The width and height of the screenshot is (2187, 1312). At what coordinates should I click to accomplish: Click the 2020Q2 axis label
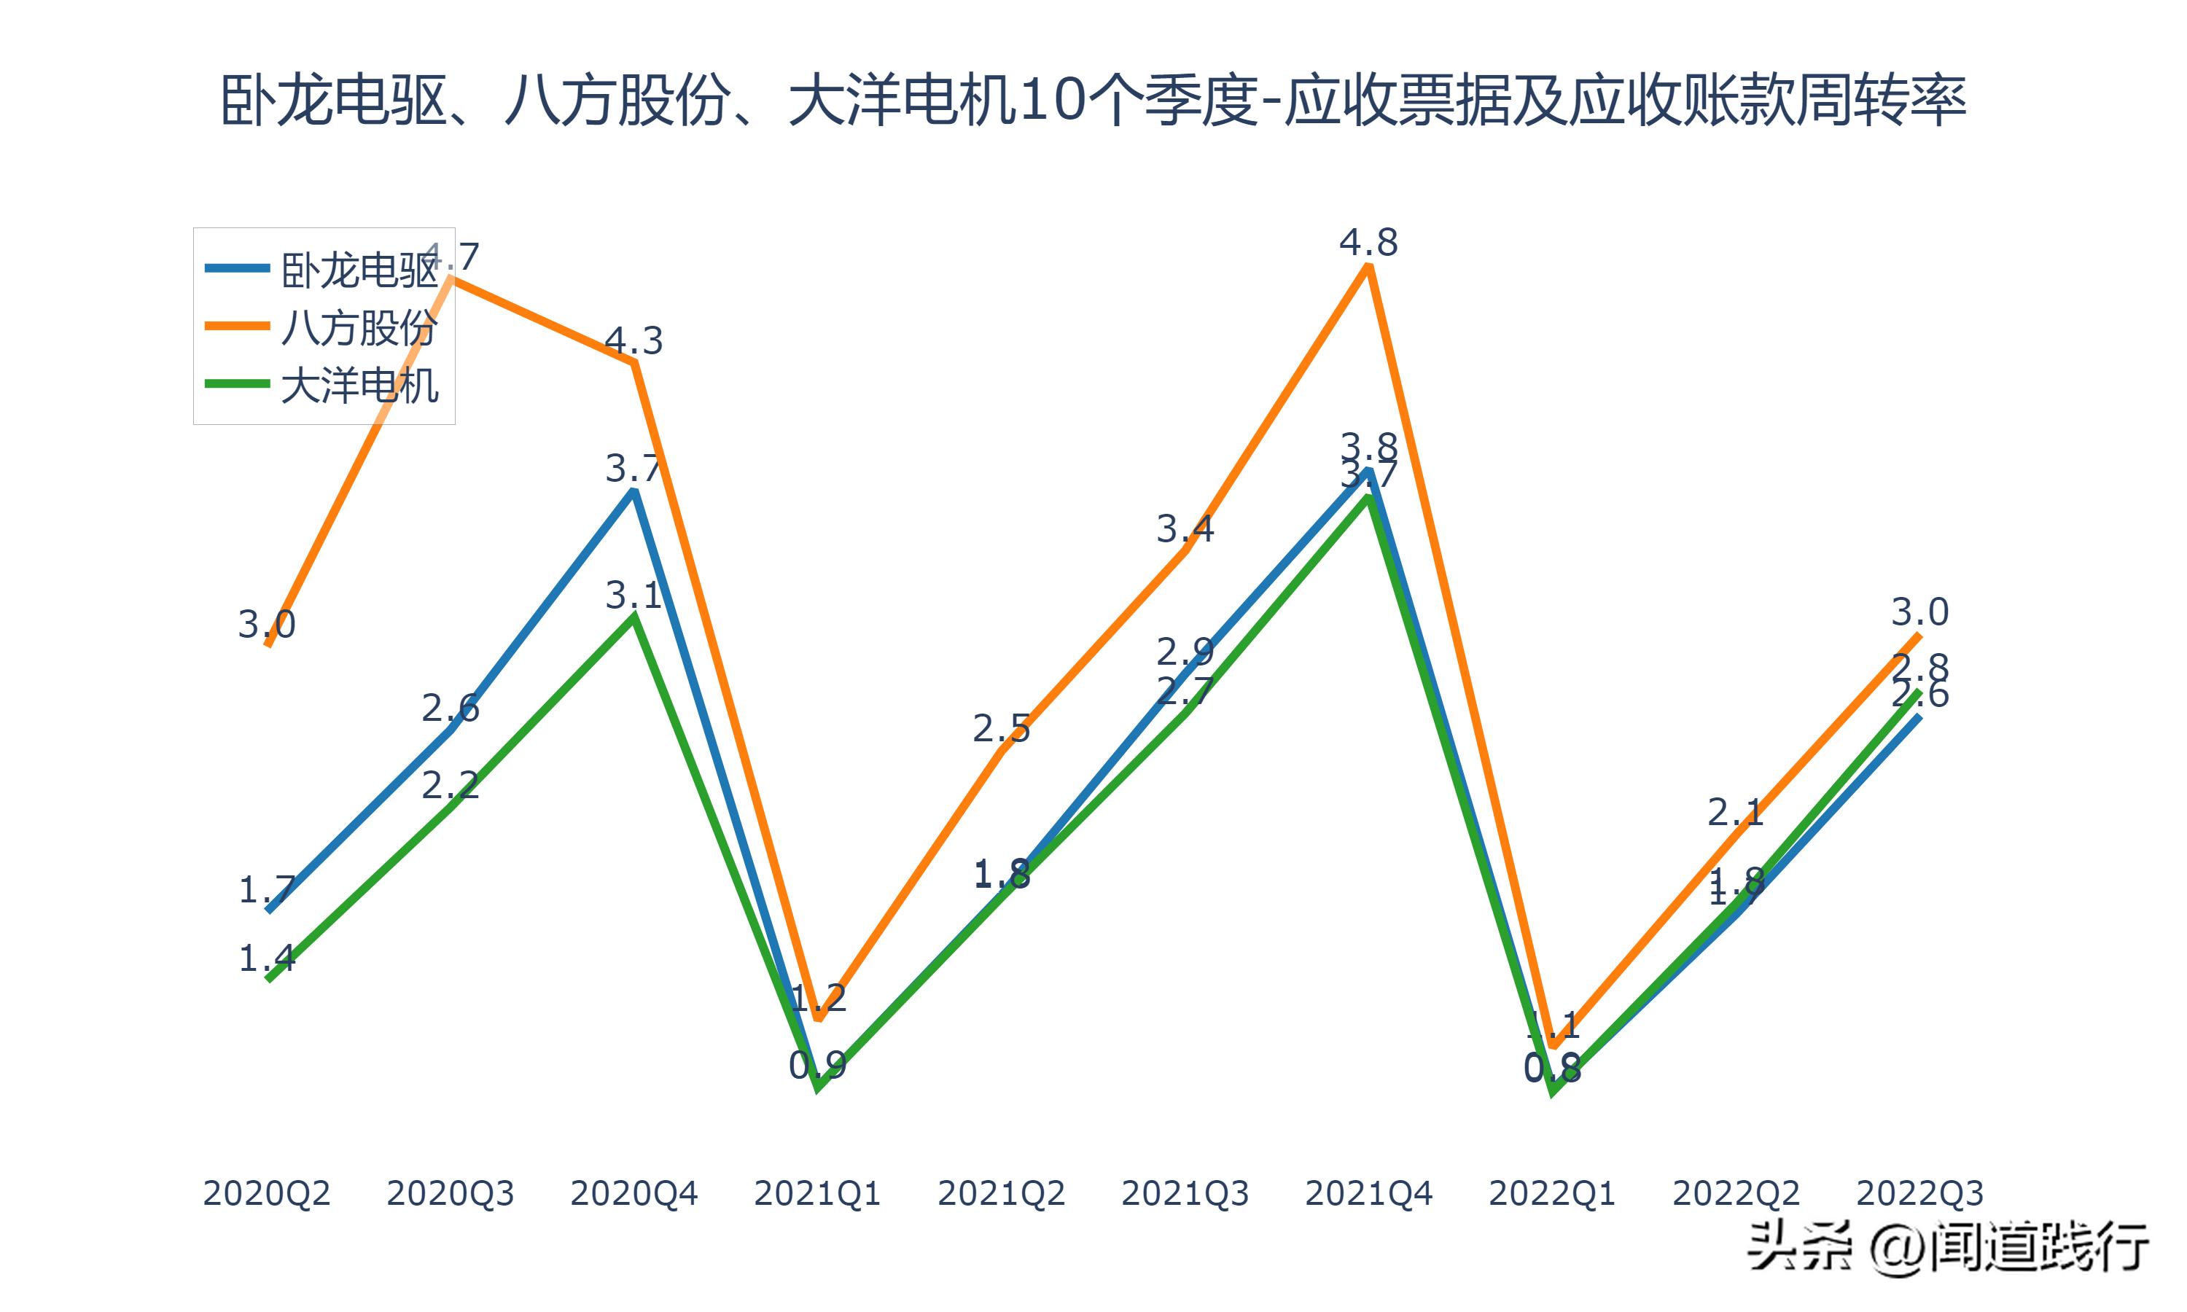(266, 1193)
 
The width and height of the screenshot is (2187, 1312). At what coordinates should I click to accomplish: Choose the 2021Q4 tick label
(1368, 1193)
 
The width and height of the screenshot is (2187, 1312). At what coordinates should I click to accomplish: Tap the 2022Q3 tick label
(1919, 1193)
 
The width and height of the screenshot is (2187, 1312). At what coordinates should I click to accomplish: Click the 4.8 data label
(1368, 242)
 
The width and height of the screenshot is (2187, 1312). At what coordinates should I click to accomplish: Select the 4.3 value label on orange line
(633, 340)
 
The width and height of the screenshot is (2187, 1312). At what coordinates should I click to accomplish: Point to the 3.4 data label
(1185, 528)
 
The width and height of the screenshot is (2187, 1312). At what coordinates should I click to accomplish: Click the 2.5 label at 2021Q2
(1001, 728)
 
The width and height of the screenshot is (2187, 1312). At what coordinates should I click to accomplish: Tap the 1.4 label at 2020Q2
(266, 958)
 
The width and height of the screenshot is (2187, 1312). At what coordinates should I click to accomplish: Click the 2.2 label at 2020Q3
(449, 784)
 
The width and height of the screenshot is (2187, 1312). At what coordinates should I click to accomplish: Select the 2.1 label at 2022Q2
(1734, 811)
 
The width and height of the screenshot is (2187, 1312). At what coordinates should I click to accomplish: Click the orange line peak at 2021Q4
(1368, 267)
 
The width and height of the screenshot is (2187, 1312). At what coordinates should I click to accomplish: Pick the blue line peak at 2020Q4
(634, 491)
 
